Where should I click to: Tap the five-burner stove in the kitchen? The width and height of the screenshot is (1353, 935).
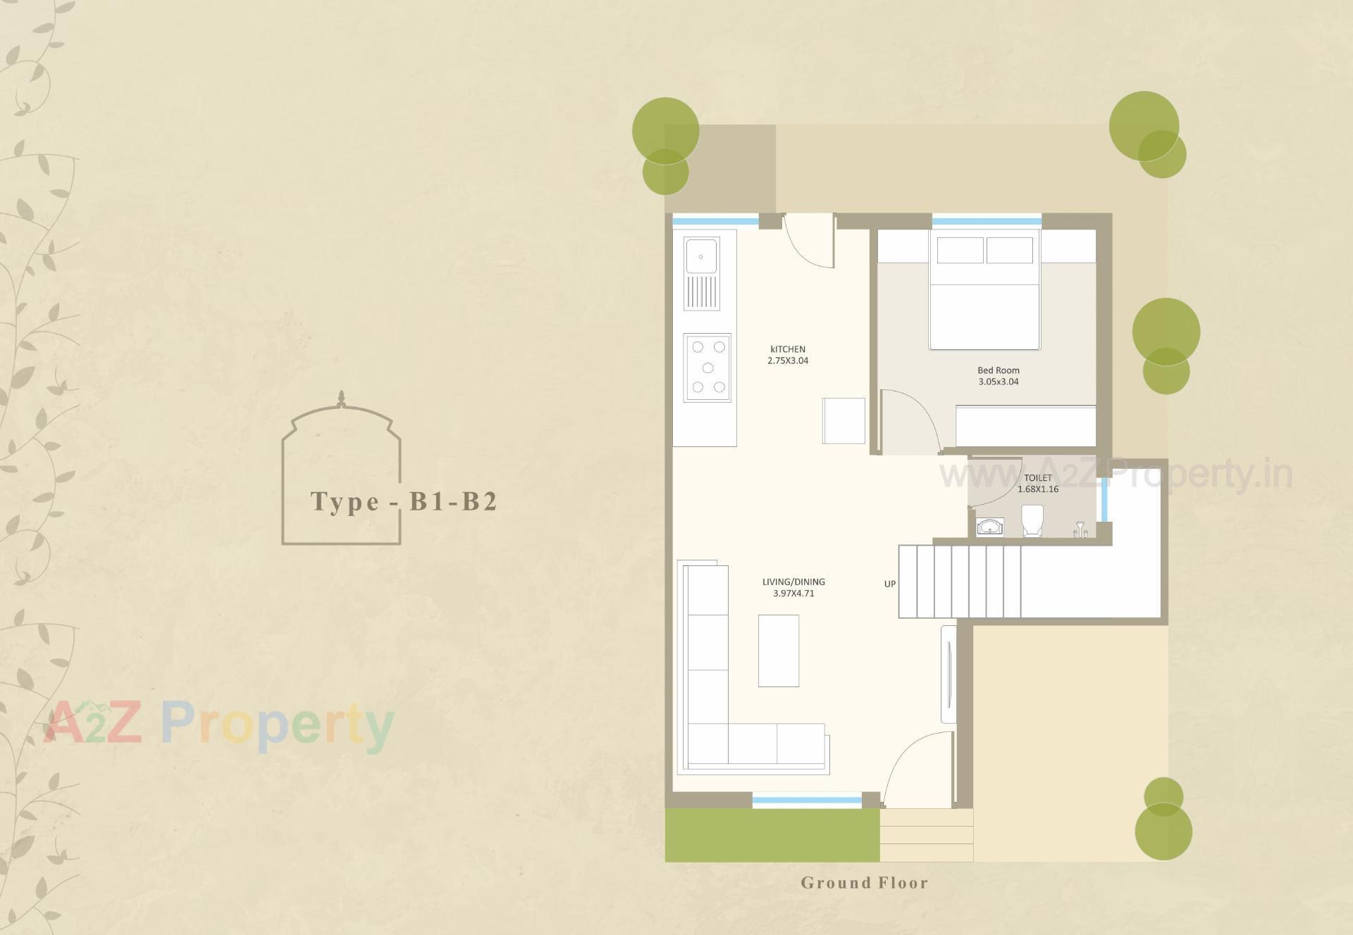coord(708,368)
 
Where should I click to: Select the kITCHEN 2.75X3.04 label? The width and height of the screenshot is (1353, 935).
coord(788,355)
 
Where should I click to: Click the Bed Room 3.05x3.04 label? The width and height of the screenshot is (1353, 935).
coord(998,376)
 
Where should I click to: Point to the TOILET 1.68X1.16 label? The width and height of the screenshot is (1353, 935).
coord(1037,483)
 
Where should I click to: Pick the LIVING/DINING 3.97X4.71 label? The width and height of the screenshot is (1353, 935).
coord(793,587)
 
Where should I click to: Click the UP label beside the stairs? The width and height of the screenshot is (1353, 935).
coord(890,584)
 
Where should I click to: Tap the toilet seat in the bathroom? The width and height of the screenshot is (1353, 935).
coord(1032,520)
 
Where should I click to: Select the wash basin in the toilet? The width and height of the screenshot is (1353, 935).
coord(990,527)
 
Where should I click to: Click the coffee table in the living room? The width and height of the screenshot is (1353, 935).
coord(778,651)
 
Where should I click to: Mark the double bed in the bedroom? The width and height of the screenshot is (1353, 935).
coord(984,292)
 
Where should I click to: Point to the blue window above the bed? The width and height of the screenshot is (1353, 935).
coord(987,221)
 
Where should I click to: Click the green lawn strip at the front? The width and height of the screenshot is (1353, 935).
coord(772,835)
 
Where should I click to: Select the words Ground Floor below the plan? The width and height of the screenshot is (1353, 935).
coord(864,883)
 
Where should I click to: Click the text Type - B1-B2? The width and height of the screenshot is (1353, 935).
coord(404,501)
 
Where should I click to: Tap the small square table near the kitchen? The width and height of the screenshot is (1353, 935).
coord(844,420)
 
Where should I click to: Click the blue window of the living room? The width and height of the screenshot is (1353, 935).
coord(807,800)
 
